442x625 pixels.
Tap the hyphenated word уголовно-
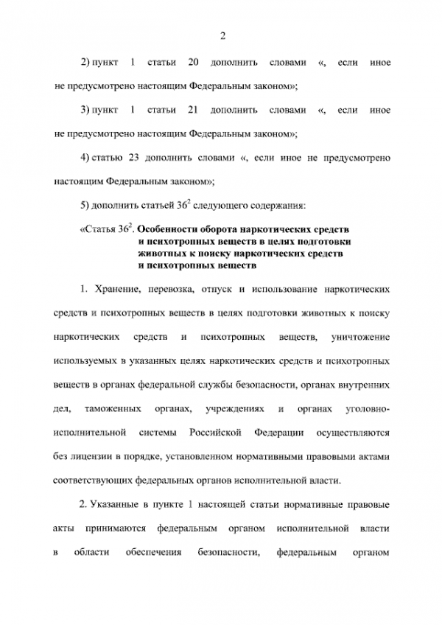tap(363, 408)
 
